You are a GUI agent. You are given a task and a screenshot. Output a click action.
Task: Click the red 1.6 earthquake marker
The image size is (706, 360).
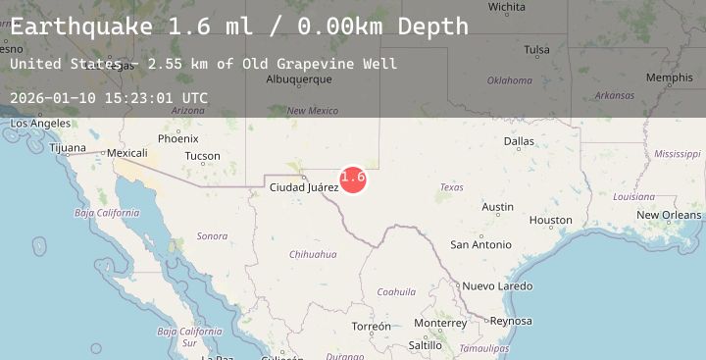(x=353, y=178)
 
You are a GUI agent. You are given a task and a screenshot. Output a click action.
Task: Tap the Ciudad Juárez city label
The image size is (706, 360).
(x=304, y=186)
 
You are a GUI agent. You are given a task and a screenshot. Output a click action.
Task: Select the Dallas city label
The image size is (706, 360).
(x=519, y=141)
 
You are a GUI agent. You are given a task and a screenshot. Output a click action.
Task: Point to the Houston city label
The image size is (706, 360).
(x=550, y=221)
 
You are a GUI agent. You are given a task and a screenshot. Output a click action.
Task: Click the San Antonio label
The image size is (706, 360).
(x=480, y=244)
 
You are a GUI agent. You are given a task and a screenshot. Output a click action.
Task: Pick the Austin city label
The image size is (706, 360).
(x=497, y=207)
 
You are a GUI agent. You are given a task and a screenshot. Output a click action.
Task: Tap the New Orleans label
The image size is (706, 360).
(x=669, y=215)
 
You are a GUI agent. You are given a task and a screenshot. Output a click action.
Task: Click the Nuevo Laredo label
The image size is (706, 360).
(x=497, y=286)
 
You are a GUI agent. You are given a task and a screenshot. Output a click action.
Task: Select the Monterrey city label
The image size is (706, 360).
(x=441, y=323)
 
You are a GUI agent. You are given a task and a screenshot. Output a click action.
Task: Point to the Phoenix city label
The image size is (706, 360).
(x=177, y=139)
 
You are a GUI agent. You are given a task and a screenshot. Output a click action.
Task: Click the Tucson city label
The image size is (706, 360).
(x=202, y=156)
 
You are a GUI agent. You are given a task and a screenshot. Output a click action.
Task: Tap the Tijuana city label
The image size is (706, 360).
(x=68, y=149)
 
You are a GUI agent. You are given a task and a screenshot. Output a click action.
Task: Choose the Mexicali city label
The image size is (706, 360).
(x=126, y=153)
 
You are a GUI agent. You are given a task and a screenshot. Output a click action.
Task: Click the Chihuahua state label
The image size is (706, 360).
(x=313, y=254)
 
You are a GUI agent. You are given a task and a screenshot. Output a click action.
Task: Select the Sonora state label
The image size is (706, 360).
(x=212, y=236)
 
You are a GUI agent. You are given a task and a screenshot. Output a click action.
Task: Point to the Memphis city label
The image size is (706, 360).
(x=669, y=77)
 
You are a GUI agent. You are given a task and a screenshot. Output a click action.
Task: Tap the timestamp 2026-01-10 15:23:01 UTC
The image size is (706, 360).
(x=108, y=98)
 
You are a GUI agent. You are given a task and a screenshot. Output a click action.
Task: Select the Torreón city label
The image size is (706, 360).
(x=372, y=327)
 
